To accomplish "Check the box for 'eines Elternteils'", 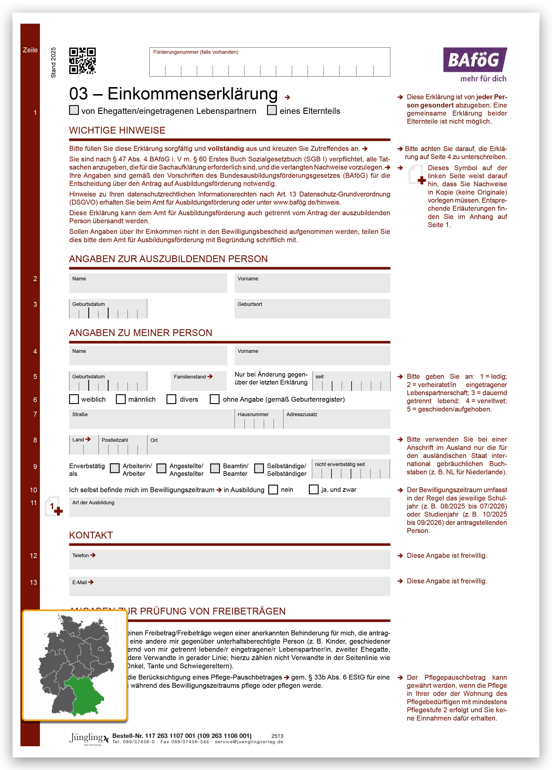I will pyautogui.click(x=272, y=110).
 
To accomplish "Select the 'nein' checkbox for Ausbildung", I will pyautogui.click(x=273, y=490).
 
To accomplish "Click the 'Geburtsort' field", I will pyautogui.click(x=312, y=309).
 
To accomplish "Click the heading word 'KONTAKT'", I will pyautogui.click(x=91, y=535).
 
